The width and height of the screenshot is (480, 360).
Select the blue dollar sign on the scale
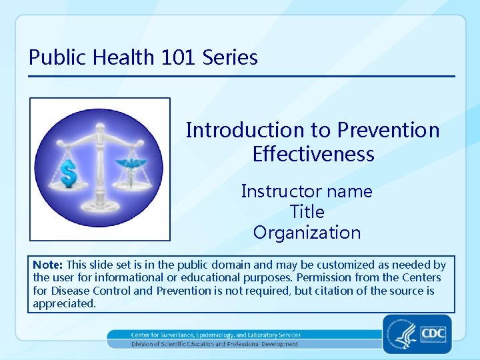pos(69,173)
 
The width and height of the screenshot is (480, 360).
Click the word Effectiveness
pos(313,155)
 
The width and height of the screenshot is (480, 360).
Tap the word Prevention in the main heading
pos(388,130)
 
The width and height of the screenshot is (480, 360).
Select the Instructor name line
pos(307,191)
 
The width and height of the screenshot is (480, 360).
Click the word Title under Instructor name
pos(307,212)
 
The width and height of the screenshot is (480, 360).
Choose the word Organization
pos(307,233)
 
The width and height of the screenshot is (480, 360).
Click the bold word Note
pos(47,265)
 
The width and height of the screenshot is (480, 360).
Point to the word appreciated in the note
pos(64,303)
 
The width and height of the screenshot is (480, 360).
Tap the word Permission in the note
pos(323,277)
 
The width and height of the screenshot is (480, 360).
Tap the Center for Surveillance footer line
pos(215,335)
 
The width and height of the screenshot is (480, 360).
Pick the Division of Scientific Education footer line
pos(215,344)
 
